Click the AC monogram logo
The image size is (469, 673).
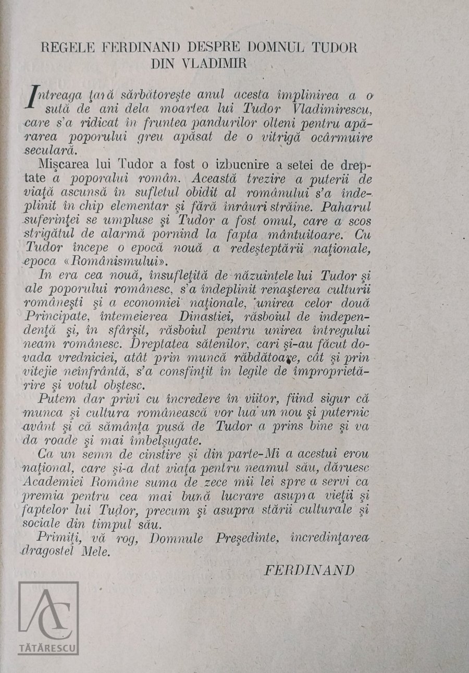pyautogui.click(x=49, y=613)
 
